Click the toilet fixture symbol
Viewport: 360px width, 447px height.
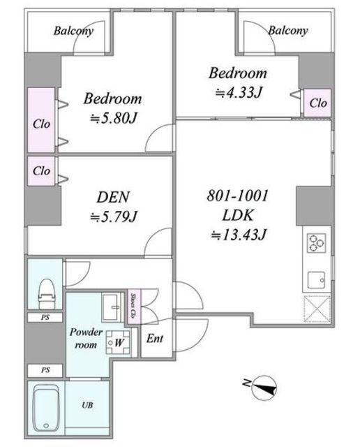[46, 293]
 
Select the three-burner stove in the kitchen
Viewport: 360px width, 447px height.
[316, 243]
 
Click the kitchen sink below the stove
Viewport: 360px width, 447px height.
[316, 280]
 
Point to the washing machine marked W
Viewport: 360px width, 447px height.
[119, 342]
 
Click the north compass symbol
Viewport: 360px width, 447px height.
[263, 387]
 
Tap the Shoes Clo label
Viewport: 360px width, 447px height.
[133, 305]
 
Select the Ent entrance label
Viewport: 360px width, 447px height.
[155, 339]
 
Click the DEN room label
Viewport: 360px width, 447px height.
[113, 197]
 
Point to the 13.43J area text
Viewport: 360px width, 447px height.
[239, 235]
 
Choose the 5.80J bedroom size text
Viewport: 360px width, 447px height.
[113, 118]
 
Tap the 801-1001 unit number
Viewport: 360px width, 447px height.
[237, 196]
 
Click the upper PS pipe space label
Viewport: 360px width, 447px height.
[45, 317]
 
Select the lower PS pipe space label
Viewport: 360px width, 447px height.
[45, 370]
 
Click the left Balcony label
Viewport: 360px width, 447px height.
[73, 31]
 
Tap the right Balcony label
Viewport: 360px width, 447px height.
[288, 31]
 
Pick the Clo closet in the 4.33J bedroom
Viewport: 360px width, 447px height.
[318, 103]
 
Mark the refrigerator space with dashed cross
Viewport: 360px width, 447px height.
[317, 309]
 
